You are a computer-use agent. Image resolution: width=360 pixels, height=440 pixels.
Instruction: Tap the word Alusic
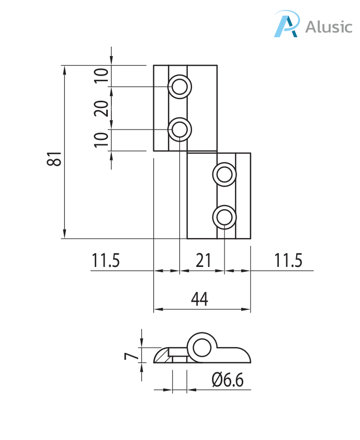coord(329,26)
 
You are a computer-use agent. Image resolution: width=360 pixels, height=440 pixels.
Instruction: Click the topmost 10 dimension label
coord(103,76)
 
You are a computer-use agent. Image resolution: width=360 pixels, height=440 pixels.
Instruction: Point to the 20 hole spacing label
coord(103,108)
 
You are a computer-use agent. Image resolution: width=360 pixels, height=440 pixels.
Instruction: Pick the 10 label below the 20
coord(103,139)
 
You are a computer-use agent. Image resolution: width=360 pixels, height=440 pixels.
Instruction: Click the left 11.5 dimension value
coord(106,261)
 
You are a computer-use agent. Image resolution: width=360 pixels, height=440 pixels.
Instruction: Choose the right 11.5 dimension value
coord(288,261)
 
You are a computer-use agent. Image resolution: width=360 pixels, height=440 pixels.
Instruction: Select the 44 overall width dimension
coord(199,299)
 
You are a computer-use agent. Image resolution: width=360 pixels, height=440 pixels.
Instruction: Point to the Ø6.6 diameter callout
coord(228,380)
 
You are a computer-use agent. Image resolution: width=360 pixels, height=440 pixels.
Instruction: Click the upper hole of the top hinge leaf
coord(179,86)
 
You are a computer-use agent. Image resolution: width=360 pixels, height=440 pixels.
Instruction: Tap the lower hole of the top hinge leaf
coord(179,129)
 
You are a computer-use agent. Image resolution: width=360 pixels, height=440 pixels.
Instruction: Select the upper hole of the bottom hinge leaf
coord(224,174)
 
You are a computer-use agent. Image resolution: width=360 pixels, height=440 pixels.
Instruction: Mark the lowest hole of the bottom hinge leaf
coord(224,217)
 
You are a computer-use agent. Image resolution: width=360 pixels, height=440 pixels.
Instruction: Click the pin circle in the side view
coord(201,347)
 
